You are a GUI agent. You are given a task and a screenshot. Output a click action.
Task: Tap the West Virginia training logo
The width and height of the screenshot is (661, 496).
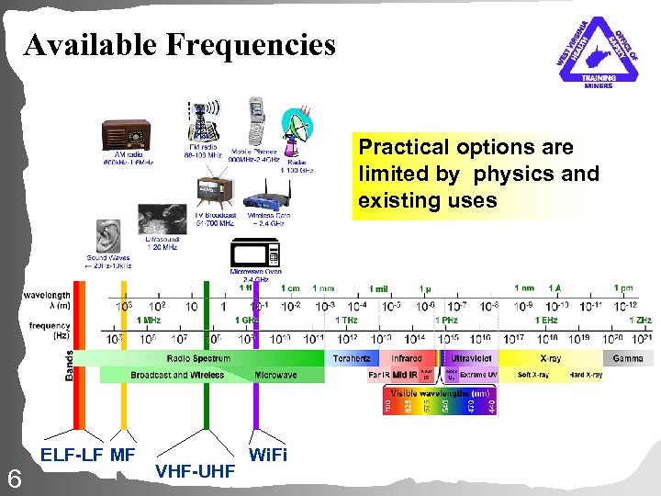597,53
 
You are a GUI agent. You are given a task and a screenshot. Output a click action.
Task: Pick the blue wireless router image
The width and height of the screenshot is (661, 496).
268,193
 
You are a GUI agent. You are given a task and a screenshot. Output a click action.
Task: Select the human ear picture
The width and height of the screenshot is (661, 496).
108,236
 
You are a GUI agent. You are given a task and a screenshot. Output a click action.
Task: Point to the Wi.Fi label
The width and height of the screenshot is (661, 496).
268,454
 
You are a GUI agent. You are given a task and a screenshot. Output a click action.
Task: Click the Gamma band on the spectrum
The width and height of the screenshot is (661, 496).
628,358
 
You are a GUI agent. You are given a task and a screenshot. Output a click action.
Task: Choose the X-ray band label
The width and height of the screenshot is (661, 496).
551,358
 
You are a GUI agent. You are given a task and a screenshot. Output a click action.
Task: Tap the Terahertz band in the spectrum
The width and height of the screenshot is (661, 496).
351,358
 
